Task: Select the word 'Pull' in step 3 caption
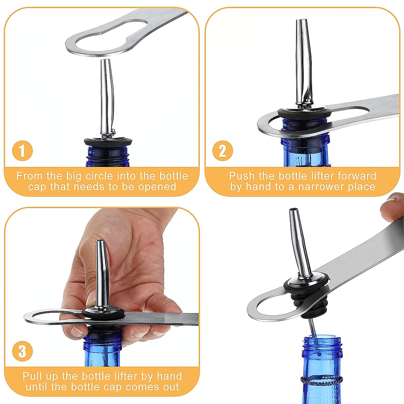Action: click(x=33, y=376)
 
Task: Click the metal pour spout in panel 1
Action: click(x=107, y=98)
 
